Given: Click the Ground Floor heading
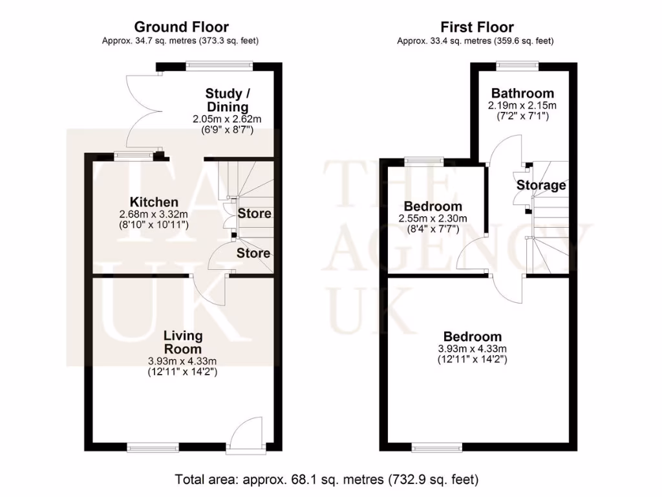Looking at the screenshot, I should (x=181, y=27).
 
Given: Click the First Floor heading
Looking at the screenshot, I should (x=477, y=27).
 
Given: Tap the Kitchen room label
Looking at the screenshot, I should (x=154, y=202).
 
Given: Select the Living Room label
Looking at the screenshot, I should (x=183, y=342).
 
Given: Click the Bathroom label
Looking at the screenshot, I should (x=522, y=93).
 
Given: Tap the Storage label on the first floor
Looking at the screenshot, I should (x=541, y=186).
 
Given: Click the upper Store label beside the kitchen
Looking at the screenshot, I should (x=254, y=214).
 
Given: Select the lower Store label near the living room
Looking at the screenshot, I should (x=253, y=253).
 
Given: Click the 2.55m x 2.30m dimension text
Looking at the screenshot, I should (x=432, y=219).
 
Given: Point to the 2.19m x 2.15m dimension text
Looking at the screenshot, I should (x=522, y=105).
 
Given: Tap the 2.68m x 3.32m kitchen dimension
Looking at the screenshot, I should (x=154, y=214).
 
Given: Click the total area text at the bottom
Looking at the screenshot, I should (x=327, y=480).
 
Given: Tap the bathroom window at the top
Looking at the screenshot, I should (x=517, y=63).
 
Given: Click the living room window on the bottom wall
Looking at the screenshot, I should (x=153, y=447).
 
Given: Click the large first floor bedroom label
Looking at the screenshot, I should (x=473, y=337).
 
